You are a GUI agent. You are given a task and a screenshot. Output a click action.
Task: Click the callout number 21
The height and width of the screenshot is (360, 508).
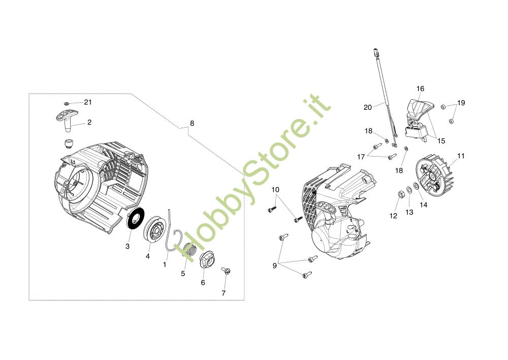pyautogui.click(x=88, y=102)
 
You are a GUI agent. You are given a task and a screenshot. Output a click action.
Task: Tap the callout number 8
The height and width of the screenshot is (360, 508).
pyautogui.click(x=192, y=123)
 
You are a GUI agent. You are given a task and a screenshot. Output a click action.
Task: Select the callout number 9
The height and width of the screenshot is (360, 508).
pyautogui.click(x=275, y=265)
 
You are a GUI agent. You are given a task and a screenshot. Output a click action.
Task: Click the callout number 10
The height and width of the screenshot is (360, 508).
pyautogui.click(x=275, y=190)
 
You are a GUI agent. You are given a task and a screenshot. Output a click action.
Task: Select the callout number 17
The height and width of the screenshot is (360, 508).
pyautogui.click(x=361, y=157)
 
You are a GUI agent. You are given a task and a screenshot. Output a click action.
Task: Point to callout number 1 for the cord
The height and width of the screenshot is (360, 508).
pyautogui.click(x=165, y=264)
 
